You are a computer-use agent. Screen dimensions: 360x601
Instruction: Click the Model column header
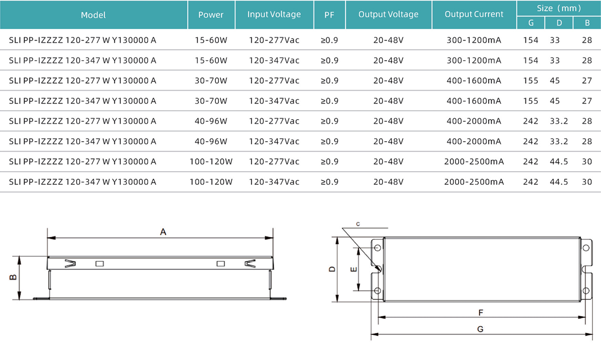93,15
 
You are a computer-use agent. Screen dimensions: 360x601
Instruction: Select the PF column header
330,15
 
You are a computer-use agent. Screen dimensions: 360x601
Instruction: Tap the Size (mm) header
559,9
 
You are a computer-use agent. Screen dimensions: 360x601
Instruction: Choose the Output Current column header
474,15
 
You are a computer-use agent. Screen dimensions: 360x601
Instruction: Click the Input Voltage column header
274,15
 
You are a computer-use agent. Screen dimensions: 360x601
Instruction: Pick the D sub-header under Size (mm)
559,23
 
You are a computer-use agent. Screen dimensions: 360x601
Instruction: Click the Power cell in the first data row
211,40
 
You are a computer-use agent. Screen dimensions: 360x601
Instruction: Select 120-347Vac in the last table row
274,182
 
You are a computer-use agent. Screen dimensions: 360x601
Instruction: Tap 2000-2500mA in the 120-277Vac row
474,162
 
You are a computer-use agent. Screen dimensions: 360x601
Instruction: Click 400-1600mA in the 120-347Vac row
474,101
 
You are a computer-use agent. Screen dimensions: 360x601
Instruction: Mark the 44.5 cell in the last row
559,182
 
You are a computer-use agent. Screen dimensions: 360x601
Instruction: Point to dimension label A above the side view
163,232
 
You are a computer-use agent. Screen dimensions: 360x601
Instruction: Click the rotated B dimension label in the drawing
14,277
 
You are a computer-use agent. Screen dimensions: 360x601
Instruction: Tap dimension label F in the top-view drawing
480,312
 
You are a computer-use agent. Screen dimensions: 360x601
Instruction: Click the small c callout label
359,224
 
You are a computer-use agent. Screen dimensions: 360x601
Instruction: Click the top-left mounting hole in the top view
377,248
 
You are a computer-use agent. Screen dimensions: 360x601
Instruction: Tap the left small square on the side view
100,263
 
